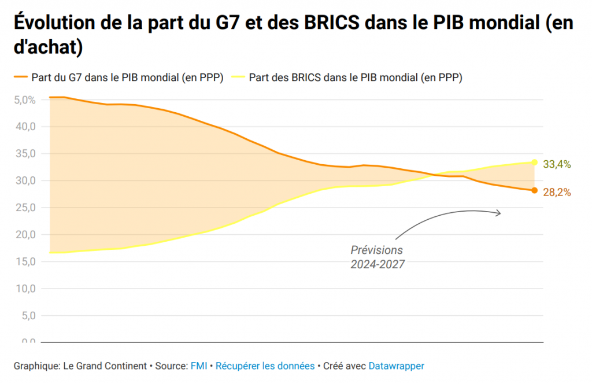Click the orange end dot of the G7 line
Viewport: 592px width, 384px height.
coord(535,190)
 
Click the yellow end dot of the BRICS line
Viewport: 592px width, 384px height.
coord(535,162)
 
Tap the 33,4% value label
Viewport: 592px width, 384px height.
coord(557,165)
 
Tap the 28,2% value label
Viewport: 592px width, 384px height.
coord(557,193)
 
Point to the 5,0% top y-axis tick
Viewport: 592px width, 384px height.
coord(25,99)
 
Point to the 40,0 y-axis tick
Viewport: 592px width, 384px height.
coord(25,127)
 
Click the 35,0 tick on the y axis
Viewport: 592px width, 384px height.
coord(25,154)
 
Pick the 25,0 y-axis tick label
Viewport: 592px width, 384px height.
coord(25,208)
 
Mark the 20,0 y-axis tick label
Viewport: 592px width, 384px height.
coord(25,235)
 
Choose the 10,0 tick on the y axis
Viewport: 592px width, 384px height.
coord(25,289)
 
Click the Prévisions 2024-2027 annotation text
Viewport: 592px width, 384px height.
coord(377,257)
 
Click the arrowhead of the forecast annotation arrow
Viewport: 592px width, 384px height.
coord(498,213)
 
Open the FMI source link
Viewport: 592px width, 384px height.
coord(197,366)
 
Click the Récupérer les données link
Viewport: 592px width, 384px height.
coord(265,366)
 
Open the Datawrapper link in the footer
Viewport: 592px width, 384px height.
coord(397,366)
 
